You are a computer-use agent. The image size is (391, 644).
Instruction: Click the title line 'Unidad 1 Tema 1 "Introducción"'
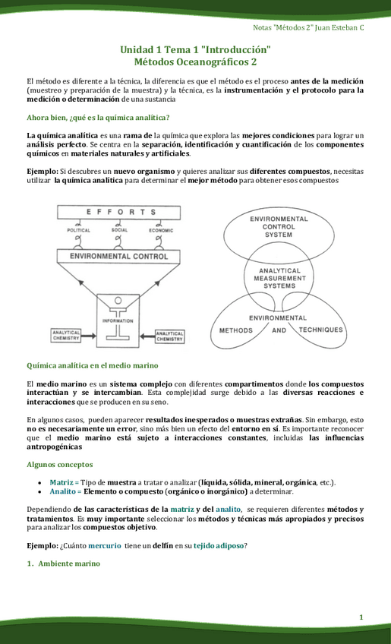coord(195,49)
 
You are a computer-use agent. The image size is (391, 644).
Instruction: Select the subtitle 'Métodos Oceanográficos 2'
coord(195,62)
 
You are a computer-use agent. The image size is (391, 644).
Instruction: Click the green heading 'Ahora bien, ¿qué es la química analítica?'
coord(98,118)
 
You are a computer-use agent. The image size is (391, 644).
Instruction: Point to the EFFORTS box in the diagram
coord(118,212)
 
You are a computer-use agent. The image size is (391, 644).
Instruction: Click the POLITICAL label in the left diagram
coord(79,230)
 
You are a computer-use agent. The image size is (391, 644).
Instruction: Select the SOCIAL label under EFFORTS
coord(119,230)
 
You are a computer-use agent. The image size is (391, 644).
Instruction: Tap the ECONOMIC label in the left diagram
coord(160,230)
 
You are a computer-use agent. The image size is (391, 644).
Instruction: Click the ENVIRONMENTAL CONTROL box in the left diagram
coord(118,257)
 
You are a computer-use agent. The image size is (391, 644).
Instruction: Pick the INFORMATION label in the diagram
coord(118,320)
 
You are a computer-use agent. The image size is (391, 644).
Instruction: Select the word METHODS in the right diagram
coord(236,330)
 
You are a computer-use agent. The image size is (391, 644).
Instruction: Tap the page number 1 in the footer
coord(362,616)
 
